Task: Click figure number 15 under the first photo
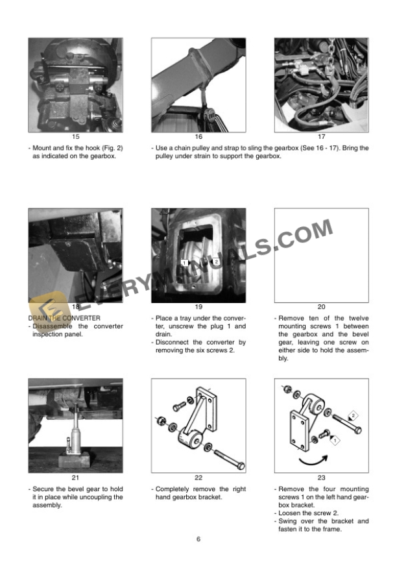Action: pos(75,137)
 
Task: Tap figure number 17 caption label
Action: pos(321,137)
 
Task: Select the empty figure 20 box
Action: pos(321,255)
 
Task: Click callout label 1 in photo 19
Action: pos(185,263)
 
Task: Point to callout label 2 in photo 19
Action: pos(217,261)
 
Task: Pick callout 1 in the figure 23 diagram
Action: pos(335,439)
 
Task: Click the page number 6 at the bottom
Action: pos(198,539)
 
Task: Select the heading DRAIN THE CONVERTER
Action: pos(64,318)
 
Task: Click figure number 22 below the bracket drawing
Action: pos(198,478)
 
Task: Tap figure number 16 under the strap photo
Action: pos(198,137)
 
